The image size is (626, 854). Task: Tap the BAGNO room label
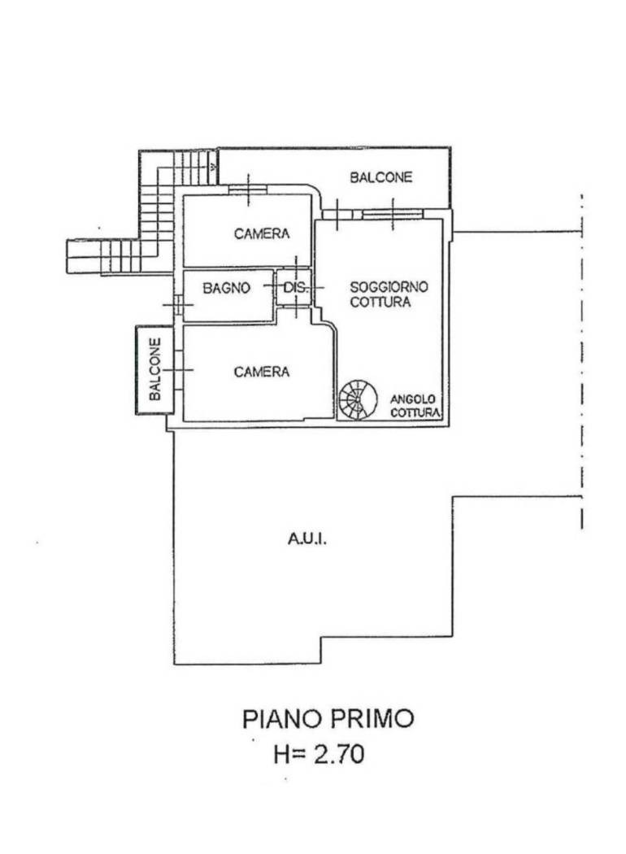click(x=227, y=288)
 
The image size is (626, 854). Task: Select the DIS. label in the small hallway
click(x=296, y=287)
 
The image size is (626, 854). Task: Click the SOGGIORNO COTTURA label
click(x=389, y=294)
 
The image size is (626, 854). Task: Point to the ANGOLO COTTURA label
click(x=415, y=407)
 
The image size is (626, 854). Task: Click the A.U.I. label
click(x=307, y=539)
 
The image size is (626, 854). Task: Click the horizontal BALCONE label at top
click(x=381, y=177)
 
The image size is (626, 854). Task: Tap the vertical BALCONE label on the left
click(x=155, y=368)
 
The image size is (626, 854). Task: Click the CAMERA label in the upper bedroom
click(x=262, y=233)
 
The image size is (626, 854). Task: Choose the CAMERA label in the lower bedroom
click(x=262, y=372)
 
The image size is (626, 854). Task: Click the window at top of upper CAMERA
click(x=248, y=190)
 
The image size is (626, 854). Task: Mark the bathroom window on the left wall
click(x=178, y=304)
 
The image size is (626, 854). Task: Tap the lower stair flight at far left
click(x=103, y=256)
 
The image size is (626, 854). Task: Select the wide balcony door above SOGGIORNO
click(x=393, y=214)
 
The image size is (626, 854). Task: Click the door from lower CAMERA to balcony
click(x=178, y=370)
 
